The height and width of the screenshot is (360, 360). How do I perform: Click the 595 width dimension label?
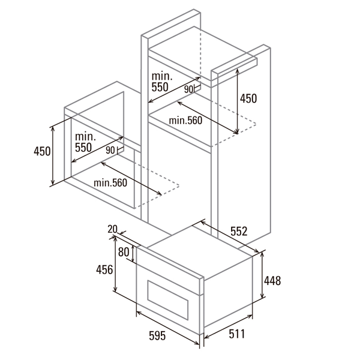point(157,335)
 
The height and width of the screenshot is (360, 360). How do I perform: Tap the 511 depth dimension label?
point(237,334)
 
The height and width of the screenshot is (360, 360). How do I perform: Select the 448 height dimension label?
point(272,281)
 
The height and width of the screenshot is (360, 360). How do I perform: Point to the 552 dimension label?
point(239,231)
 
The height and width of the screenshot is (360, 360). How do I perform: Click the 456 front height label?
point(104,269)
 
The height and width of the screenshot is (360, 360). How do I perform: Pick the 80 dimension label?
point(124,252)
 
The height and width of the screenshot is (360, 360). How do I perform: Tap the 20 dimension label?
point(113,229)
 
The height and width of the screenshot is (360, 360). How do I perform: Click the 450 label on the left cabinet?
point(42,151)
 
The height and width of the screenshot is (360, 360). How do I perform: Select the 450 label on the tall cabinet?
point(248,98)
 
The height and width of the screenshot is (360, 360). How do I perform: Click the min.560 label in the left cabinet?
point(110,183)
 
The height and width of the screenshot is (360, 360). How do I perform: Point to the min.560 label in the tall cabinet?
point(185,121)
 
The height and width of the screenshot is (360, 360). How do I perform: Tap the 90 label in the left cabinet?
point(110,150)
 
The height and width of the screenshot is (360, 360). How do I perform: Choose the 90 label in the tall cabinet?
point(188,89)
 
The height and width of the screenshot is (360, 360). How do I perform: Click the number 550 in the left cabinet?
point(83,148)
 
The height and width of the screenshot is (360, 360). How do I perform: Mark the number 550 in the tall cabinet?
point(160,87)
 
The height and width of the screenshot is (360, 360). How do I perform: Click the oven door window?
point(168,300)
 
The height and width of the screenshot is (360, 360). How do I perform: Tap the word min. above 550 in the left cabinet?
point(85,137)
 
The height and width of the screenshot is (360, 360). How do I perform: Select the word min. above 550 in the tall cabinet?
point(162,76)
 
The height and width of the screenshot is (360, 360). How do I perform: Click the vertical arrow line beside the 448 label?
point(262,275)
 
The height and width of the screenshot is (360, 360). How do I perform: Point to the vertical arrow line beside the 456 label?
point(115,264)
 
